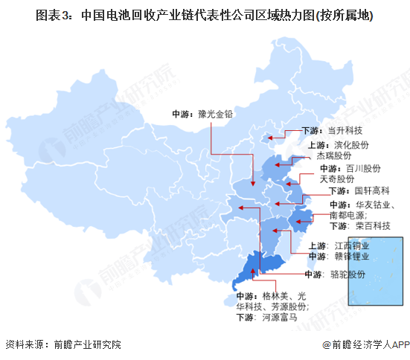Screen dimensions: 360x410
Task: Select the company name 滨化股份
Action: pyautogui.click(x=352, y=146)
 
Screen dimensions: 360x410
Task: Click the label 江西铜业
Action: pyautogui.click(x=352, y=245)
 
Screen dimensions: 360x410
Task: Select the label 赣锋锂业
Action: pyautogui.click(x=352, y=257)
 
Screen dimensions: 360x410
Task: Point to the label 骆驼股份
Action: pyautogui.click(x=347, y=274)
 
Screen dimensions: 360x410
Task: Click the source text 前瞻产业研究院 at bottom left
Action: pyautogui.click(x=86, y=345)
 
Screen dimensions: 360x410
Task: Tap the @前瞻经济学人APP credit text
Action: pyautogui.click(x=366, y=345)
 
